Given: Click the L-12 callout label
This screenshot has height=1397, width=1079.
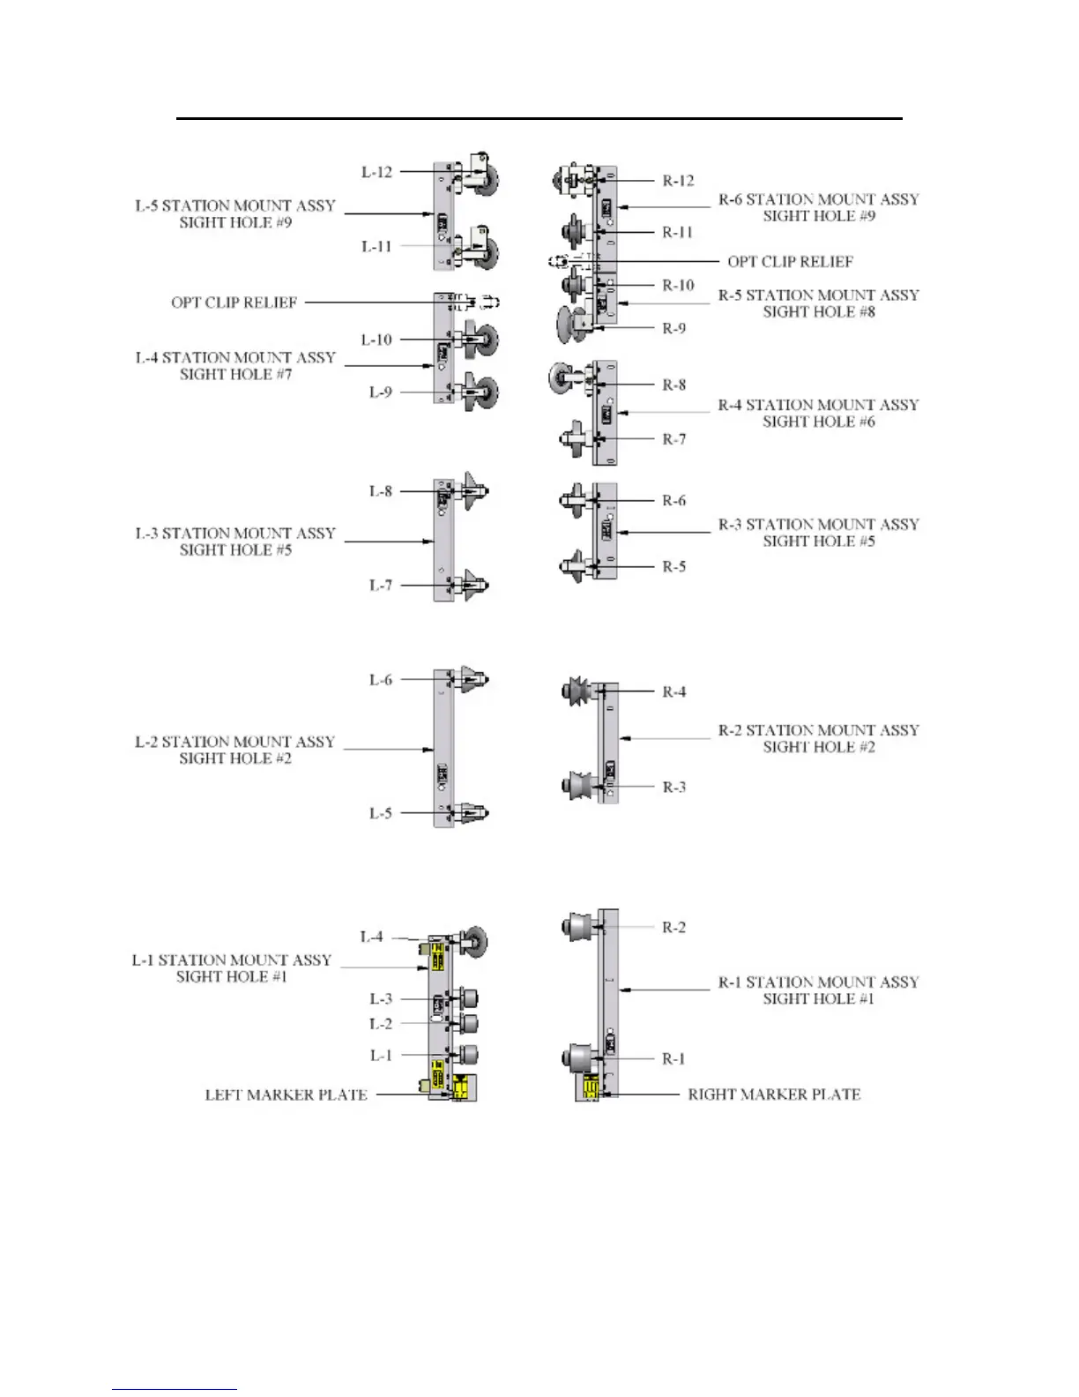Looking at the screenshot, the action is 376,172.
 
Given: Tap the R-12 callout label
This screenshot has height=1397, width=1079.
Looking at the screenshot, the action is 678,181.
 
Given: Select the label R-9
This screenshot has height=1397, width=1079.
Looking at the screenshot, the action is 674,328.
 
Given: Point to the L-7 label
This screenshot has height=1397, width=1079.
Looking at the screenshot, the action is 380,585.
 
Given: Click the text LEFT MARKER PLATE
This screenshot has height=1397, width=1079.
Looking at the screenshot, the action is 286,1095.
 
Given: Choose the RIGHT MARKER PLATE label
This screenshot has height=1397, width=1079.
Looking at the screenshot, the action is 774,1094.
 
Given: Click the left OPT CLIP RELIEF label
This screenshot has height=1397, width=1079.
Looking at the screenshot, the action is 234,303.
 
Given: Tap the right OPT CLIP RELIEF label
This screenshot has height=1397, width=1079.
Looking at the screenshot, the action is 790,261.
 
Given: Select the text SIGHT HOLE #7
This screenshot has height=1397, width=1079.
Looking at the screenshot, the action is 235,375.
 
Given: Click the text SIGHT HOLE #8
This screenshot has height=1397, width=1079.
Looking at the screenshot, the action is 819,312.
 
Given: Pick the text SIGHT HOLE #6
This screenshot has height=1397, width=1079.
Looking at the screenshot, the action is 819,422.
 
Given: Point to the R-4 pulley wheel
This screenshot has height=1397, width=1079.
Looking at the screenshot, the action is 576,691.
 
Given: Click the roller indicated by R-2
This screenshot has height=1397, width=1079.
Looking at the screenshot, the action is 577,927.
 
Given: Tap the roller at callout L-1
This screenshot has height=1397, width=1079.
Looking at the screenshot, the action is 468,1055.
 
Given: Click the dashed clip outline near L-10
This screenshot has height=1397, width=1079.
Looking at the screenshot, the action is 480,302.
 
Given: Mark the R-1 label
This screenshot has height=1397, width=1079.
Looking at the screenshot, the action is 673,1058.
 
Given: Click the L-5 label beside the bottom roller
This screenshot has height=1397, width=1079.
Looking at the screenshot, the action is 380,813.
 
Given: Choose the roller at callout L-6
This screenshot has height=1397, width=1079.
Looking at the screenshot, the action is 473,680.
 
